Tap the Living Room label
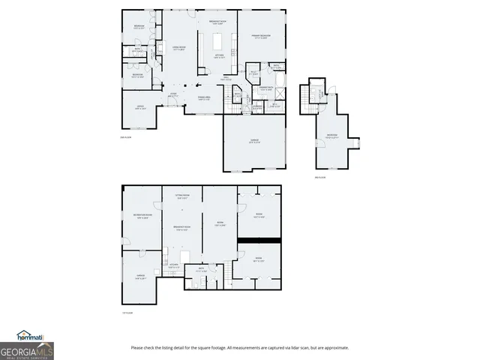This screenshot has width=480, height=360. pyautogui.click(x=178, y=48)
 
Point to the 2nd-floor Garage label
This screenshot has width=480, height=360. pyautogui.click(x=255, y=140)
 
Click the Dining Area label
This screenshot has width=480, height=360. pyautogui.click(x=203, y=98)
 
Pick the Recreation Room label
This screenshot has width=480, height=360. pyautogui.click(x=141, y=217)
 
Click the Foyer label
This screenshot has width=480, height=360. pyautogui.click(x=173, y=95)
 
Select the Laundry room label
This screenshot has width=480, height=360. pyautogui.click(x=257, y=106)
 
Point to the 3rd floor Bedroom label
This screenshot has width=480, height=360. pyautogui.click(x=331, y=136)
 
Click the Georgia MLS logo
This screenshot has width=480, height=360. pyautogui.click(x=27, y=350)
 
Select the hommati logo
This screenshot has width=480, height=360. pyautogui.click(x=29, y=335)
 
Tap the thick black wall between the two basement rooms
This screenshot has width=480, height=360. pyautogui.click(x=259, y=240)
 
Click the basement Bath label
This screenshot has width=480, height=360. pyautogui.click(x=202, y=271)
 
